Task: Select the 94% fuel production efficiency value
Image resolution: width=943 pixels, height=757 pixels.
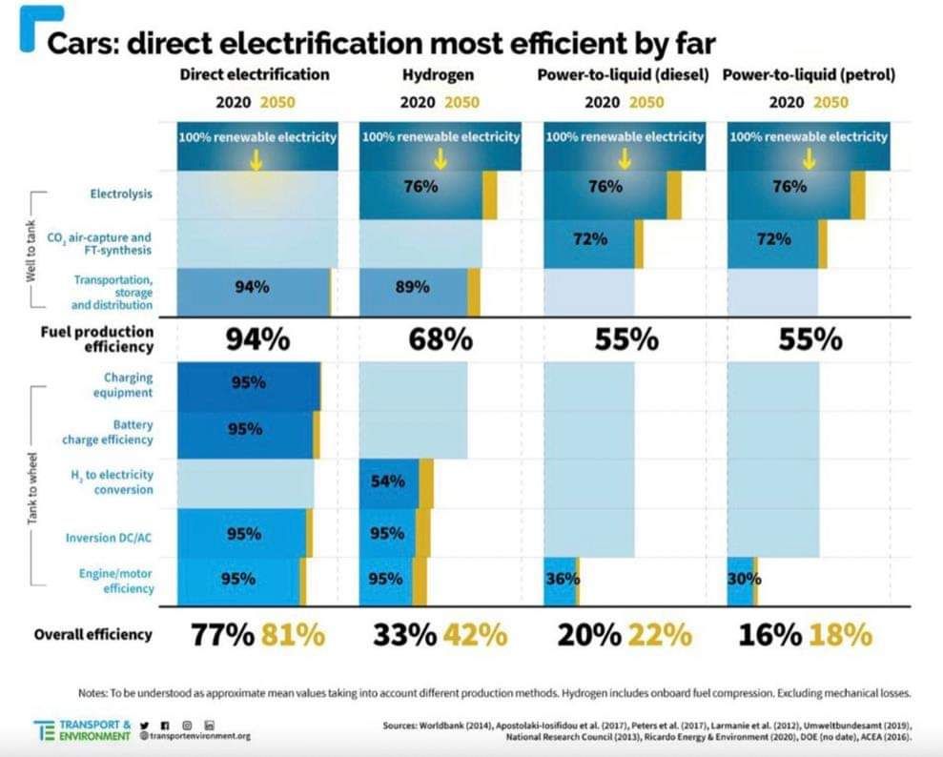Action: pos(256,339)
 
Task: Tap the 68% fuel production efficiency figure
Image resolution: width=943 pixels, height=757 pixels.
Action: pos(440,339)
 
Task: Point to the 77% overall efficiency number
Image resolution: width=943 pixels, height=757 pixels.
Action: pos(223,634)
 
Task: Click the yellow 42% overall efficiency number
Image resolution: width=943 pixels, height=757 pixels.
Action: pos(475,634)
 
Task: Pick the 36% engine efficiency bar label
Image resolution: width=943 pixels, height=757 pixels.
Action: pos(560,578)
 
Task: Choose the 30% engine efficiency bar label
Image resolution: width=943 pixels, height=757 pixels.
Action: pos(744,578)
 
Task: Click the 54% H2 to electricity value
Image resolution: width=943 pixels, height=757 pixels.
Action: pos(388,482)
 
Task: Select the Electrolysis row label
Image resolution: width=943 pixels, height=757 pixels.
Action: pos(121,194)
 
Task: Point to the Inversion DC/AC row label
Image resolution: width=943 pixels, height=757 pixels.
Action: pos(110,538)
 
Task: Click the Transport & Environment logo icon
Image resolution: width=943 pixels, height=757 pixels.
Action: pos(45,729)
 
